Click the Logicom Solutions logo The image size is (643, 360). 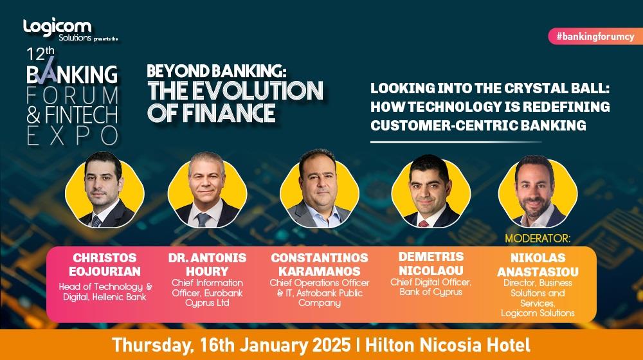point(57,29)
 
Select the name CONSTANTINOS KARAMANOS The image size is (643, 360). point(320,264)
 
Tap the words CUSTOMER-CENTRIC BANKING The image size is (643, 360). point(478,125)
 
